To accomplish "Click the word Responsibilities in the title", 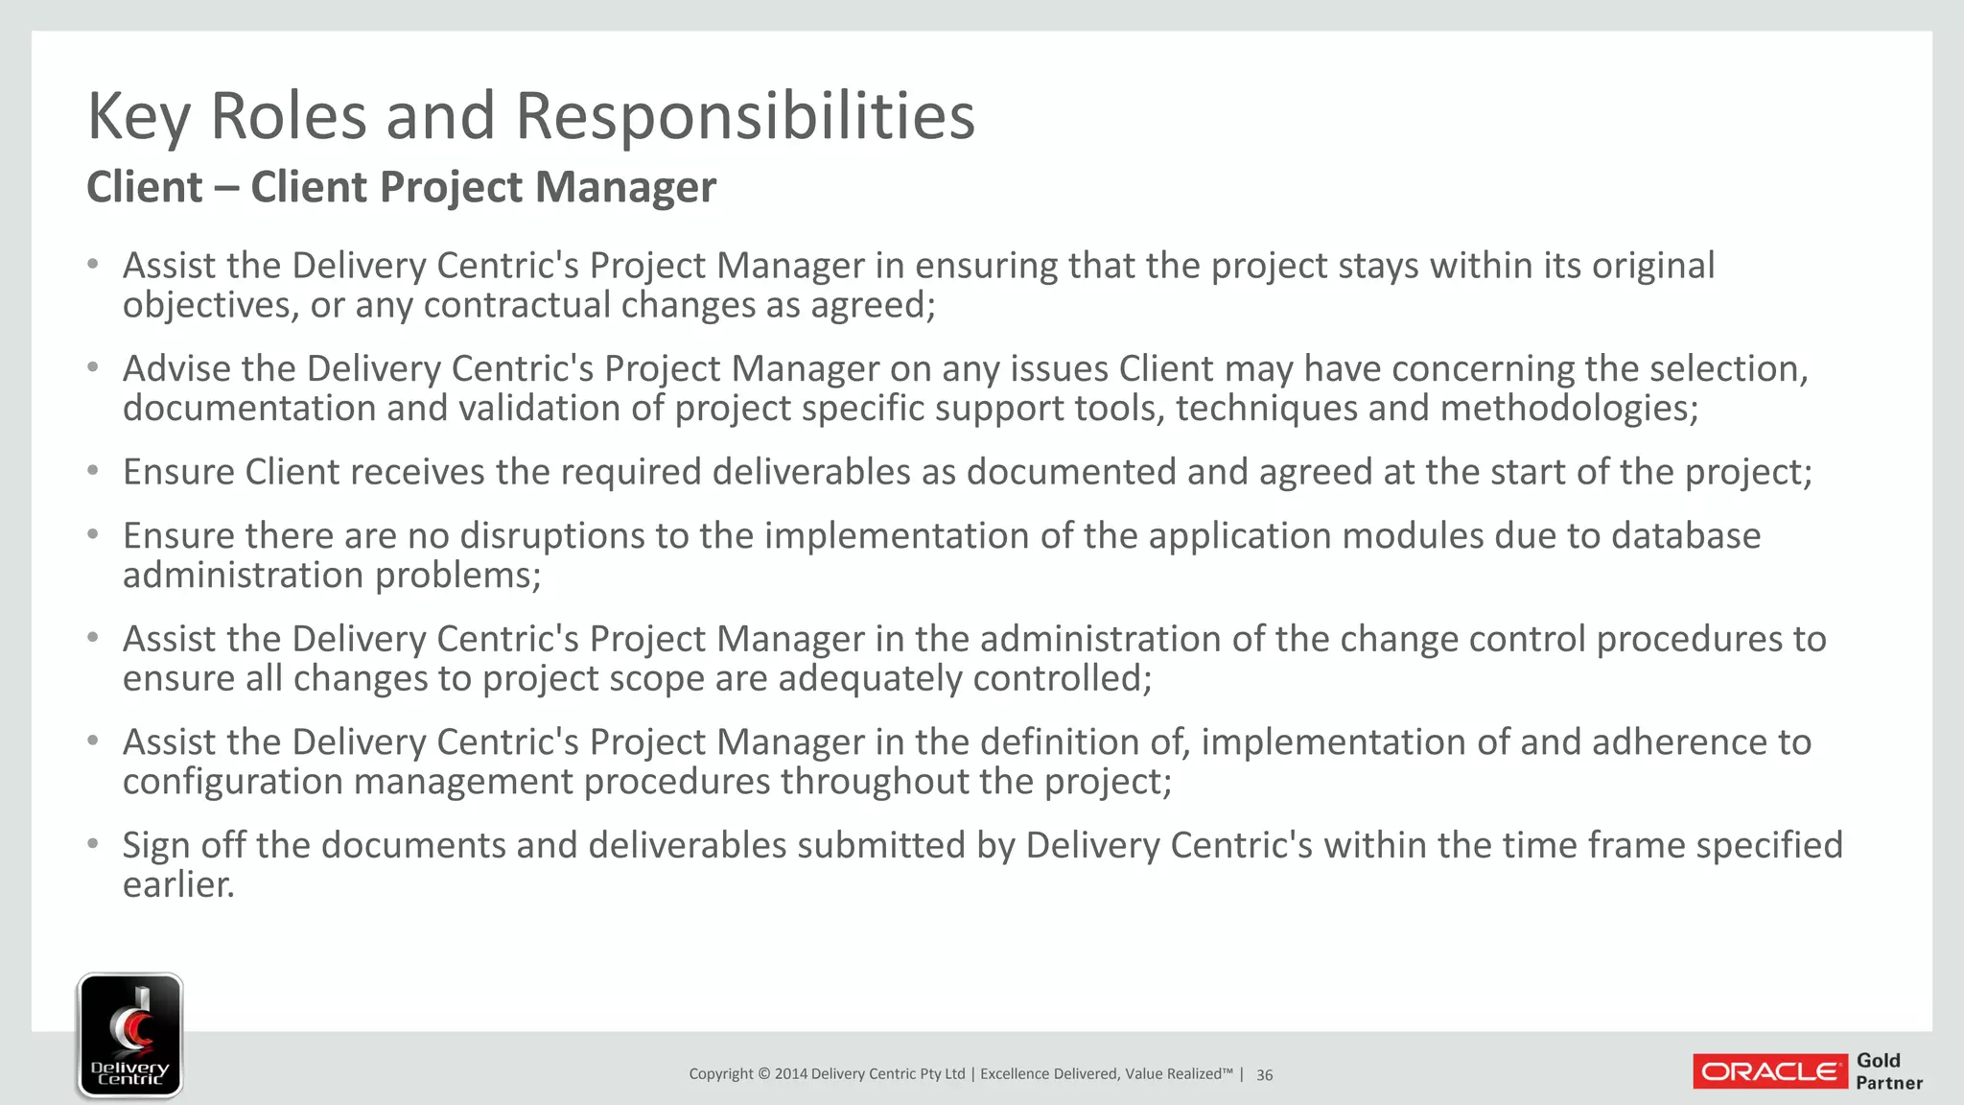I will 745,116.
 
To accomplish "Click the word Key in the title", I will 139,116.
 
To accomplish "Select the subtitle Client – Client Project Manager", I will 401,186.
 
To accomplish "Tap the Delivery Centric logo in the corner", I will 129,1035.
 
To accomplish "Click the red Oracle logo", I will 1769,1071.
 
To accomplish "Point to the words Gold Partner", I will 1888,1071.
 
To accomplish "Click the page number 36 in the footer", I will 1264,1075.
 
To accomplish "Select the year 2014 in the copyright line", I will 790,1074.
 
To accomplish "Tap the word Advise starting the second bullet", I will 176,368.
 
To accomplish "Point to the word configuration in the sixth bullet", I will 232,782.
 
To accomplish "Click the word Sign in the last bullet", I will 155,846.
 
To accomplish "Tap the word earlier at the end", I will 177,884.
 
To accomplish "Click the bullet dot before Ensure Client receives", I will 93,471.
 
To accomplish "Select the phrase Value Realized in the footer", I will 1178,1074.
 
